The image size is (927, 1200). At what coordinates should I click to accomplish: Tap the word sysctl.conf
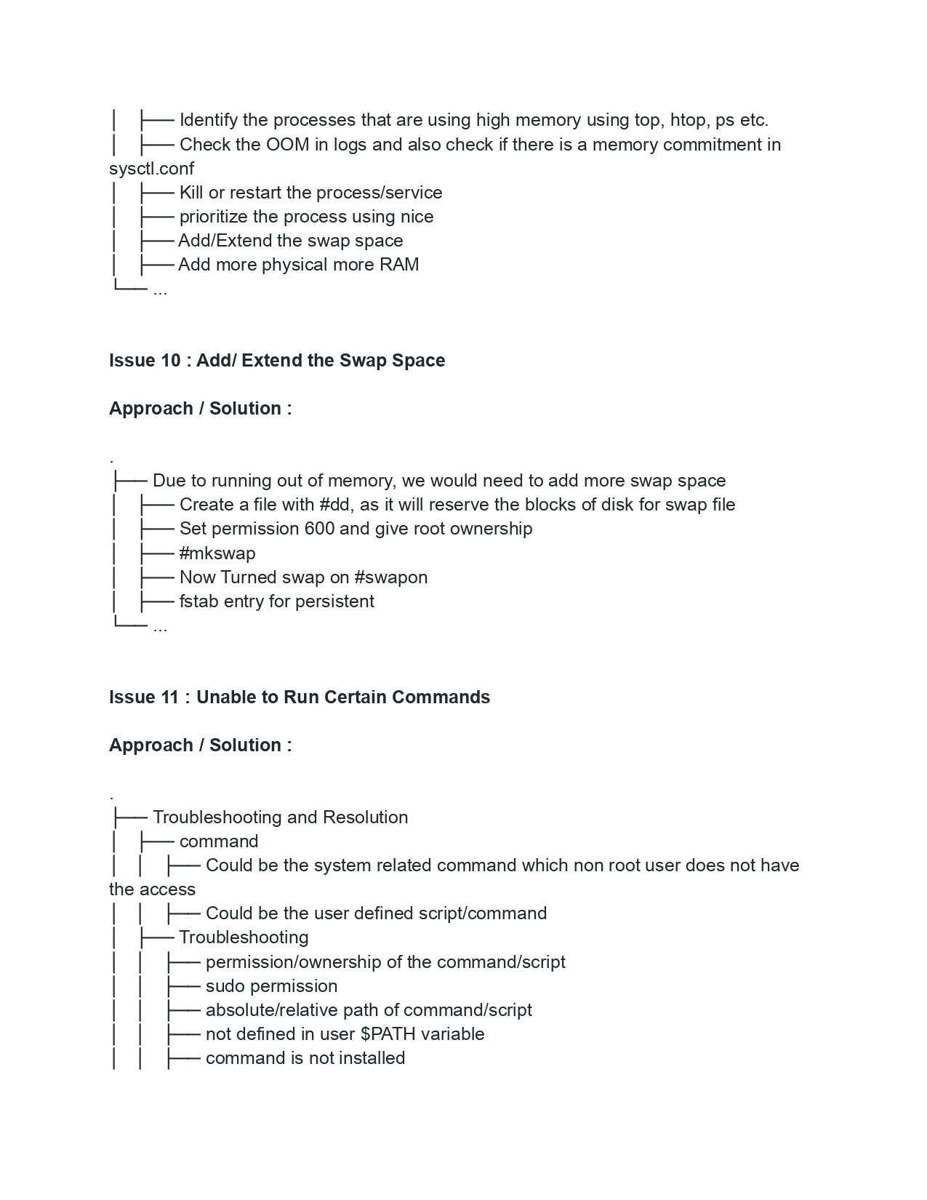point(151,169)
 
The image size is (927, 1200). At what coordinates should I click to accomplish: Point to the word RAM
point(399,265)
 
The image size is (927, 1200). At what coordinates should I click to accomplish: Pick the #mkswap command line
point(217,553)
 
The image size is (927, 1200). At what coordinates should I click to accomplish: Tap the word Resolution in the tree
point(365,817)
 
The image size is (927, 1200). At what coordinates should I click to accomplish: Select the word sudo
point(225,986)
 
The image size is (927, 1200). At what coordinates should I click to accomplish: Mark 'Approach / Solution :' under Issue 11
point(200,745)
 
